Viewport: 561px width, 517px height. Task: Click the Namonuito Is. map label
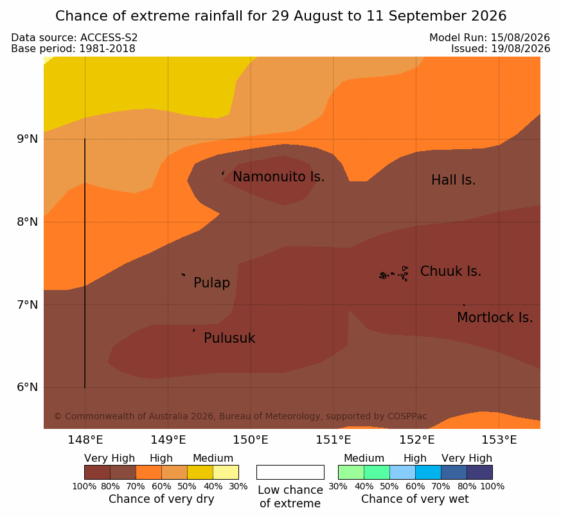(279, 177)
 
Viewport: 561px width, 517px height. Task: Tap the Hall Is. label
(453, 180)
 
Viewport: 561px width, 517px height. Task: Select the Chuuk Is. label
(451, 271)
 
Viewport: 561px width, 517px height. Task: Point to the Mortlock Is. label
(495, 318)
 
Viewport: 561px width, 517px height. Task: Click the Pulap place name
(212, 283)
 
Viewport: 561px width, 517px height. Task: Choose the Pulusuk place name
(229, 338)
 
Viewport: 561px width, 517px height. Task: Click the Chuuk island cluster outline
(394, 274)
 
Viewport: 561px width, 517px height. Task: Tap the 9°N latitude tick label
(27, 139)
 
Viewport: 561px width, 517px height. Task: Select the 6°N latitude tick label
(27, 387)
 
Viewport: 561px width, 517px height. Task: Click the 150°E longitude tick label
(251, 440)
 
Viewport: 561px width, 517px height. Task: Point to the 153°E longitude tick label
(499, 440)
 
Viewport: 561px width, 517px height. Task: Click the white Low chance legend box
(290, 472)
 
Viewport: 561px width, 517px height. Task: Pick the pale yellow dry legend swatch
(226, 472)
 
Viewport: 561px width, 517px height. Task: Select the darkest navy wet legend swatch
(479, 472)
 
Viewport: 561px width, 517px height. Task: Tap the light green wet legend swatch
(351, 472)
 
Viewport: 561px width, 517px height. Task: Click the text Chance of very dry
(161, 499)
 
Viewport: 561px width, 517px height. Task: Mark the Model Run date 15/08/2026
(521, 37)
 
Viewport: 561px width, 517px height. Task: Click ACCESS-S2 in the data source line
(109, 37)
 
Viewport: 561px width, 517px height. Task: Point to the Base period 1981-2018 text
(73, 48)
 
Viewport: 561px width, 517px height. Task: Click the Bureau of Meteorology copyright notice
(240, 416)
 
